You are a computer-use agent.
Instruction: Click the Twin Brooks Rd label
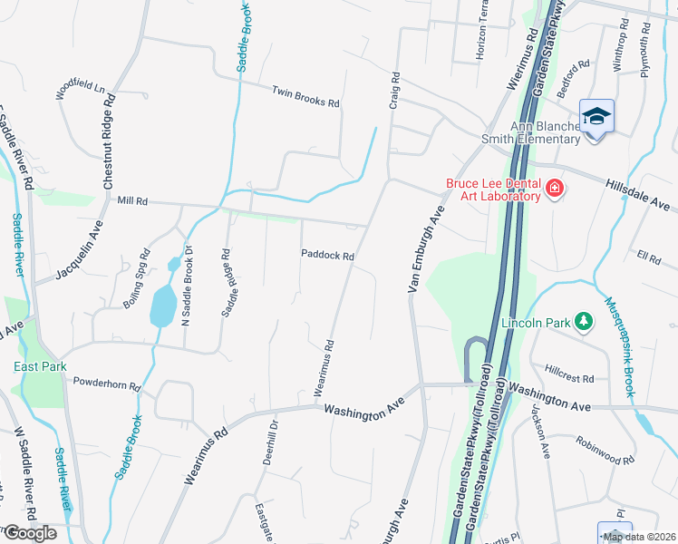305,97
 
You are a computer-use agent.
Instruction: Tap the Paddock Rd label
327,256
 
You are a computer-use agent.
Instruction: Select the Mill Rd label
132,199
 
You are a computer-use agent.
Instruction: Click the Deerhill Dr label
268,442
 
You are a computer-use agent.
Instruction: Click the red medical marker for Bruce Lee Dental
555,189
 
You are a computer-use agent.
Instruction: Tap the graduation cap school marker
597,116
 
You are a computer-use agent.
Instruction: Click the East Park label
39,366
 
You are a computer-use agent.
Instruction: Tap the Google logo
30,532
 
